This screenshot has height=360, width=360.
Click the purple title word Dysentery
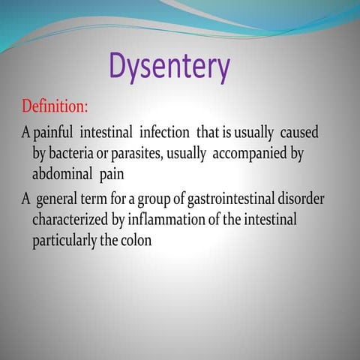point(169,67)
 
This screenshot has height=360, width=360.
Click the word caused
point(299,132)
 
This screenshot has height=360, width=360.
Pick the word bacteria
point(76,152)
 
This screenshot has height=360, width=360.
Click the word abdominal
point(59,172)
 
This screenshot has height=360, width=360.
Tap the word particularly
point(64,241)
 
